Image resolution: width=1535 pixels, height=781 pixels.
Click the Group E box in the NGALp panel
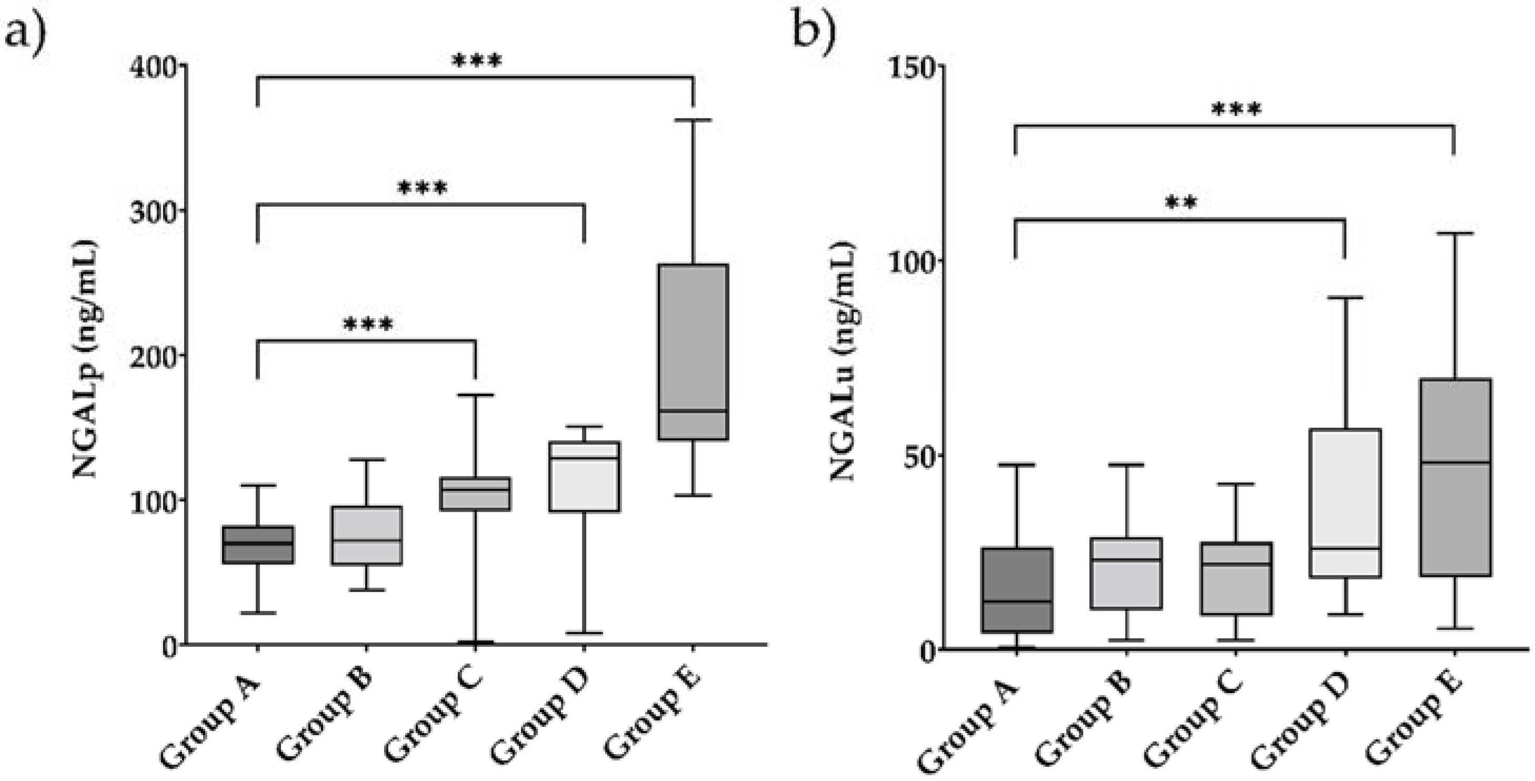693,352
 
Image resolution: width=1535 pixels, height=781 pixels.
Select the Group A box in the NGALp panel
258,545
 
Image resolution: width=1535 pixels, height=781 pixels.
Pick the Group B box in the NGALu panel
1126,573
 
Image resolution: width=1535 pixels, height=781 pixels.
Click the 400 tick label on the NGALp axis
154,67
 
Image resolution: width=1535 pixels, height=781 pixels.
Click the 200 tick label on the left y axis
154,356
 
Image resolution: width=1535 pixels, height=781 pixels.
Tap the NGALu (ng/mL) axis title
842,360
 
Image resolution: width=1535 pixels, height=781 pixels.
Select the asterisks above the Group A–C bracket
368,325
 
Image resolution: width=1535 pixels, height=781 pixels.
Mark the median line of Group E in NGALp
693,410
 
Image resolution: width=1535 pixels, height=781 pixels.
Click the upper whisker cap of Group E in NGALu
1455,234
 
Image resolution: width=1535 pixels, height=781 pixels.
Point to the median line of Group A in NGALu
1017,601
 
